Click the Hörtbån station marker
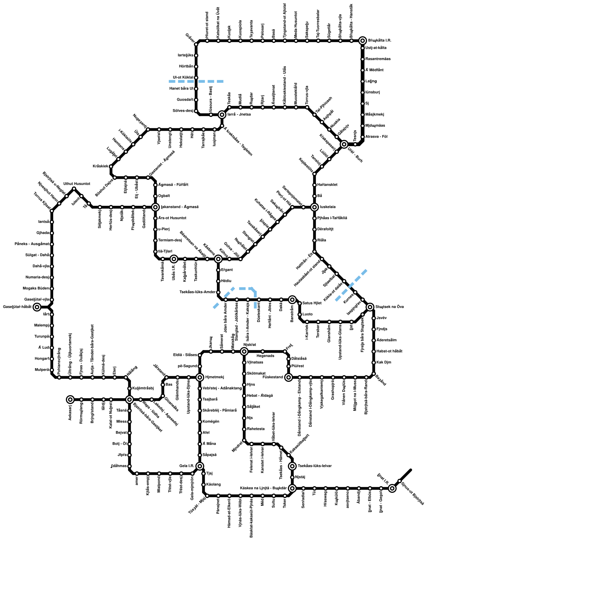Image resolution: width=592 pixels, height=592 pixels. pyautogui.click(x=196, y=67)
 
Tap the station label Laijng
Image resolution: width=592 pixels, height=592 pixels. pyautogui.click(x=371, y=81)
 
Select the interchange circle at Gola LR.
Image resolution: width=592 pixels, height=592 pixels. pyautogui.click(x=200, y=466)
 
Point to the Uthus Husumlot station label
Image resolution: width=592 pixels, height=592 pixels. pyautogui.click(x=77, y=184)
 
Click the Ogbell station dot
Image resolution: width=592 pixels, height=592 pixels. pyautogui.click(x=155, y=196)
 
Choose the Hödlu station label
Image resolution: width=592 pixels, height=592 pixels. pyautogui.click(x=226, y=281)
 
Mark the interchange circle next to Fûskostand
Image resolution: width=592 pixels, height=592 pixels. pyautogui.click(x=289, y=377)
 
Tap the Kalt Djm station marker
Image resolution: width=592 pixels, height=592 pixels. pyautogui.click(x=374, y=363)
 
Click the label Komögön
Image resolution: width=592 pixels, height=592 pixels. pyautogui.click(x=211, y=421)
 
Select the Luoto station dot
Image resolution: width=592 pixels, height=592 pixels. pyautogui.click(x=300, y=314)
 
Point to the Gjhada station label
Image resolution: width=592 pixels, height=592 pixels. pyautogui.click(x=43, y=233)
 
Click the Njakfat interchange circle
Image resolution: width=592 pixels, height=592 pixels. pyautogui.click(x=244, y=351)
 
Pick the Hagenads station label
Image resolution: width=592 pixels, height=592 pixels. pyautogui.click(x=265, y=356)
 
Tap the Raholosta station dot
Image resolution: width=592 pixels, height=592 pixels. pyautogui.click(x=244, y=429)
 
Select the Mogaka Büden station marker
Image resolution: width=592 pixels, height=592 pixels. pyautogui.click(x=52, y=289)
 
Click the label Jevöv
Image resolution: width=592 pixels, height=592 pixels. pyautogui.click(x=381, y=318)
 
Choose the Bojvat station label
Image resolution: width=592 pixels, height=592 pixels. pyautogui.click(x=121, y=433)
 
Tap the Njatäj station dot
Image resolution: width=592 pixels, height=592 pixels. pyautogui.click(x=292, y=477)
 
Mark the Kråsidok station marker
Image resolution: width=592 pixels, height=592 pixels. pyautogui.click(x=111, y=166)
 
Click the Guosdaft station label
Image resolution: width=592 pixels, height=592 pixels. pyautogui.click(x=185, y=100)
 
